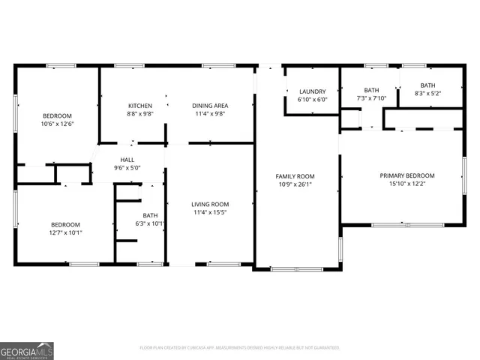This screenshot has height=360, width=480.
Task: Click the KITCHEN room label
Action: tap(140, 106)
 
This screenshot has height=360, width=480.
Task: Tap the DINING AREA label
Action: tap(210, 106)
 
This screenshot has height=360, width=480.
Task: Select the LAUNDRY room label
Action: tap(312, 91)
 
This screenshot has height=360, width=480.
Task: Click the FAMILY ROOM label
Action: tap(295, 175)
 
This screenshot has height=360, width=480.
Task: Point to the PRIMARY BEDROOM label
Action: tap(406, 175)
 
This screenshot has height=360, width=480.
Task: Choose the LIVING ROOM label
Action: tap(210, 204)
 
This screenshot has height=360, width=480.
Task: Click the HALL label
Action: tap(127, 159)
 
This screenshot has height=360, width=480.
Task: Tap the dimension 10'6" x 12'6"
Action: tap(57, 124)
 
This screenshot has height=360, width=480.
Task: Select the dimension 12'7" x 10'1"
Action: tap(66, 232)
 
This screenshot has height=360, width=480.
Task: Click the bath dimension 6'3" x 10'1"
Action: tap(150, 223)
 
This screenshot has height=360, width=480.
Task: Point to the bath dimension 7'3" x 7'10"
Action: tap(371, 98)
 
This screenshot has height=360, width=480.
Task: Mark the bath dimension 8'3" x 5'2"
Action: tap(427, 94)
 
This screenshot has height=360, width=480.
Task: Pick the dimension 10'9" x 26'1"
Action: tap(295, 184)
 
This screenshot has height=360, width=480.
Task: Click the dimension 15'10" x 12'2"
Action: tap(406, 184)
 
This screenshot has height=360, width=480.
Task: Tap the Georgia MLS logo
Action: tap(27, 350)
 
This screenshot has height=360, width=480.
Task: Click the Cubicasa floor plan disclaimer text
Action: tap(240, 348)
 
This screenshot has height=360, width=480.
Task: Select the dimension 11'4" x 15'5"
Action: tap(210, 213)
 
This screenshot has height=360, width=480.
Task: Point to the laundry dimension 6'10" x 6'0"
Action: tap(312, 100)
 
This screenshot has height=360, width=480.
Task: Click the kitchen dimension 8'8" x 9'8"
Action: tap(140, 115)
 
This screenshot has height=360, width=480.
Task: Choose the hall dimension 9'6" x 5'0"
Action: tap(127, 168)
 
